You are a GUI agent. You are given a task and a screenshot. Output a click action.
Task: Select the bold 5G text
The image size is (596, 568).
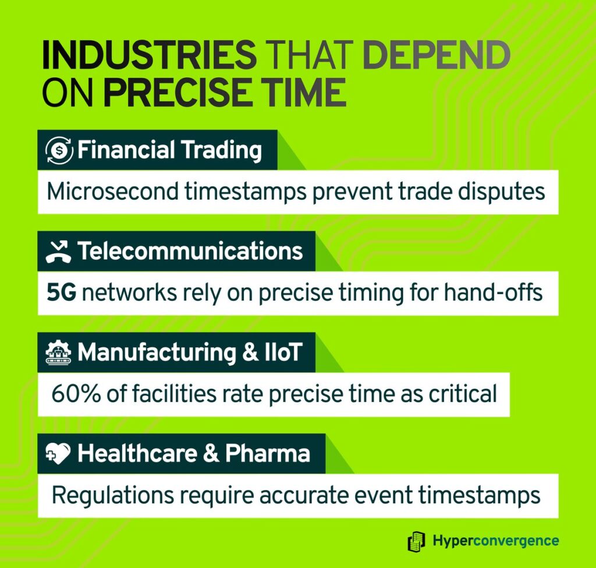(62, 293)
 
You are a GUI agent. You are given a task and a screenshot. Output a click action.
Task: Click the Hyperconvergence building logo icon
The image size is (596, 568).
(417, 541)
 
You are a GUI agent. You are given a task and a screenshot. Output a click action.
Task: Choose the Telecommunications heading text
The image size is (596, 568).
(190, 251)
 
